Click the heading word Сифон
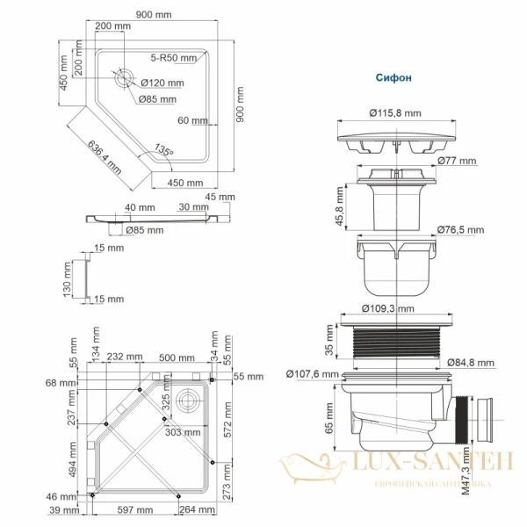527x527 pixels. click(x=394, y=76)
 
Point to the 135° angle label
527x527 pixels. click(x=163, y=150)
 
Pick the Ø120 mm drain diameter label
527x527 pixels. click(x=162, y=83)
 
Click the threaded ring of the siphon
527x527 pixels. click(x=394, y=343)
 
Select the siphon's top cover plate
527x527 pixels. click(x=394, y=141)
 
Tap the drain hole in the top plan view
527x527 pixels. click(x=121, y=76)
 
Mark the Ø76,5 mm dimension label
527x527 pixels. click(x=462, y=230)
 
